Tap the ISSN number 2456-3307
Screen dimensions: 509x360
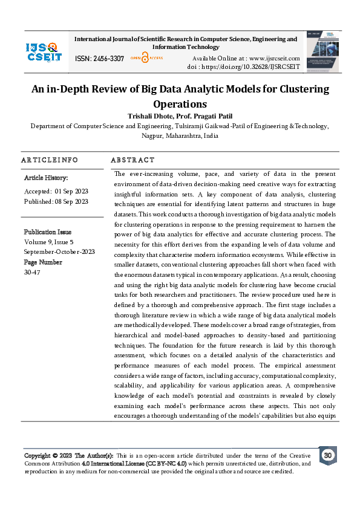(x=109, y=59)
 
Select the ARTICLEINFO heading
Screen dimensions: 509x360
(x=49, y=160)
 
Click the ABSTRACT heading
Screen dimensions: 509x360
(x=133, y=160)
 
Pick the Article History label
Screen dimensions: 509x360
(x=46, y=178)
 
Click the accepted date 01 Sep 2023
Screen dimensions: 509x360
(x=71, y=191)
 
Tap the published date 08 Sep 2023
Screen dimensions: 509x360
(x=73, y=201)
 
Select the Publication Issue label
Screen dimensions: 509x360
(x=47, y=232)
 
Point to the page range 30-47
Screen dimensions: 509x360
(x=32, y=271)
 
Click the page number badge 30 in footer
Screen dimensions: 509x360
(x=327, y=455)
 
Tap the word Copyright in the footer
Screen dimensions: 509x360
(x=37, y=455)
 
